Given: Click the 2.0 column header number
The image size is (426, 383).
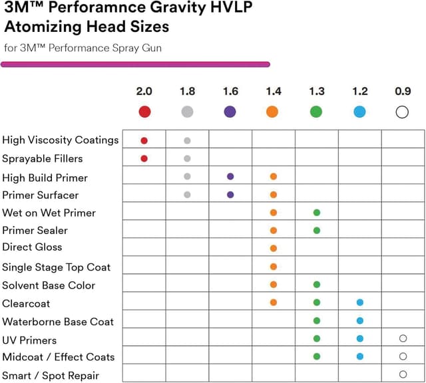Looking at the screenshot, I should [x=144, y=91].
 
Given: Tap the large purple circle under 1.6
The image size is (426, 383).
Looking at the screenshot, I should [x=230, y=112].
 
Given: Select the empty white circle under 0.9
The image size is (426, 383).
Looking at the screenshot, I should [x=402, y=112].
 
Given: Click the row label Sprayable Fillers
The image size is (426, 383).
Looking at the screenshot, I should [x=43, y=159].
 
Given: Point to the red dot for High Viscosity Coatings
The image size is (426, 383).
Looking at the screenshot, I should [x=144, y=140].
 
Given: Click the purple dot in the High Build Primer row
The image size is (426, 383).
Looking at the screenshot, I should [x=230, y=177].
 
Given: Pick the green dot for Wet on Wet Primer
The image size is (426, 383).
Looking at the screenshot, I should [x=317, y=213].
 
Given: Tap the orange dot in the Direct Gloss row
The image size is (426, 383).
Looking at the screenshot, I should [x=274, y=248].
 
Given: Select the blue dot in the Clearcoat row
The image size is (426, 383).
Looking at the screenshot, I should [x=360, y=303].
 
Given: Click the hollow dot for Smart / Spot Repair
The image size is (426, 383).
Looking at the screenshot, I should [x=403, y=374].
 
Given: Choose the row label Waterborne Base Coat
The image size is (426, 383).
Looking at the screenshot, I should [x=58, y=322].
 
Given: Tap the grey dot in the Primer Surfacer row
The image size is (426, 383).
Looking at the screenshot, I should [x=187, y=195].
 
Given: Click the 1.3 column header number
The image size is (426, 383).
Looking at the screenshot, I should [x=317, y=91].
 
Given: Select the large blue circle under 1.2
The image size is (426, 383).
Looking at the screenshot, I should [x=360, y=112].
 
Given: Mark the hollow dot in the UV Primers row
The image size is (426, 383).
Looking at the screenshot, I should [x=403, y=338].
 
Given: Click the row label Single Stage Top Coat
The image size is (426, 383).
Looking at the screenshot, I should [x=57, y=267].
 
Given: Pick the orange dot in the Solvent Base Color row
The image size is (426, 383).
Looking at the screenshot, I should [x=274, y=285].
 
